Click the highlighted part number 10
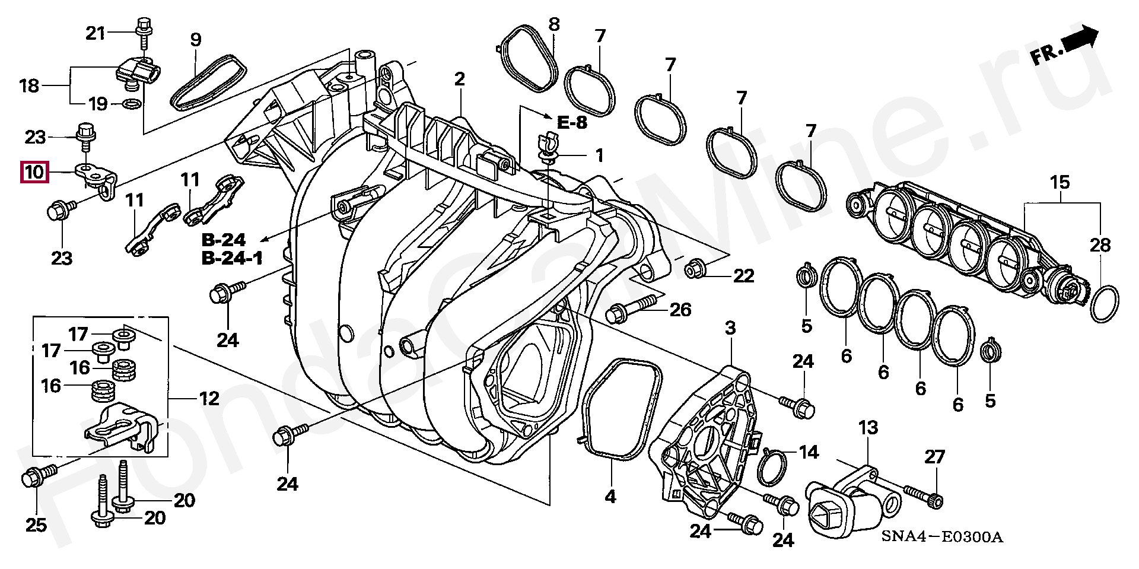[x=34, y=173]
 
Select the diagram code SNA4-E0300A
[x=941, y=538]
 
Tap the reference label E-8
[x=572, y=123]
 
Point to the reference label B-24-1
[x=232, y=258]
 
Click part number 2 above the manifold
[x=460, y=79]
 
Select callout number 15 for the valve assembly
[x=1060, y=182]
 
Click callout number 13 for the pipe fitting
[x=868, y=427]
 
